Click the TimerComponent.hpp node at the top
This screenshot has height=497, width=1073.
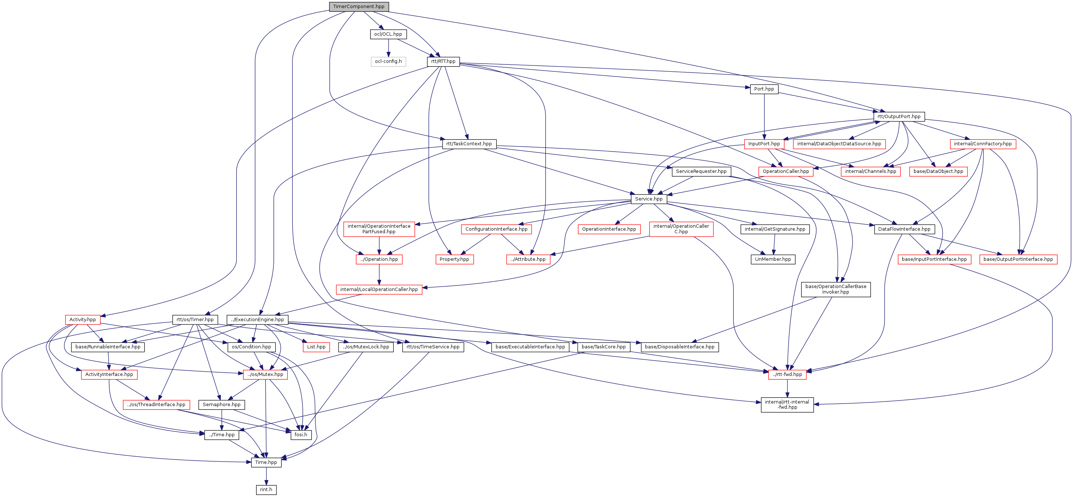click(x=359, y=7)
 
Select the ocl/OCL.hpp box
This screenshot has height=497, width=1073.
click(x=388, y=34)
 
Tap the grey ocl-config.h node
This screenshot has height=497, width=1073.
click(x=388, y=61)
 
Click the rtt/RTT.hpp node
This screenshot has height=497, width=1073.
click(x=443, y=61)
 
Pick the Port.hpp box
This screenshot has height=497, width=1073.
click(x=764, y=89)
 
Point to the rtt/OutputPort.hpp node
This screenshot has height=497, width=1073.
click(x=899, y=116)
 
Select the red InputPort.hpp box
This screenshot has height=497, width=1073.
click(x=764, y=144)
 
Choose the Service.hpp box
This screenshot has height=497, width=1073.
click(x=649, y=199)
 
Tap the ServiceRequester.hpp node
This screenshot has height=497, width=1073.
click(x=701, y=171)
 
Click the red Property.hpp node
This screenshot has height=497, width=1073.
click(x=454, y=259)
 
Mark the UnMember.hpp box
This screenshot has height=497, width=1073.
click(x=773, y=259)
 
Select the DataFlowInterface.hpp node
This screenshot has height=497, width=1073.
click(x=904, y=229)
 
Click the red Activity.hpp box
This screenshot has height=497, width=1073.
click(x=82, y=320)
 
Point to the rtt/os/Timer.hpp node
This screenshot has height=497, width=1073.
click(x=195, y=320)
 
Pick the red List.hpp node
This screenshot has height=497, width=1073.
click(x=316, y=347)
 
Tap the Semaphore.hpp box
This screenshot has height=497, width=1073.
click(x=222, y=405)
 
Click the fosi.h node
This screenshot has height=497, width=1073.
click(x=301, y=434)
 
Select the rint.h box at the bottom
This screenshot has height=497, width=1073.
click(x=266, y=490)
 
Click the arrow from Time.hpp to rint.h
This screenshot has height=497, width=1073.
click(x=266, y=476)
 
